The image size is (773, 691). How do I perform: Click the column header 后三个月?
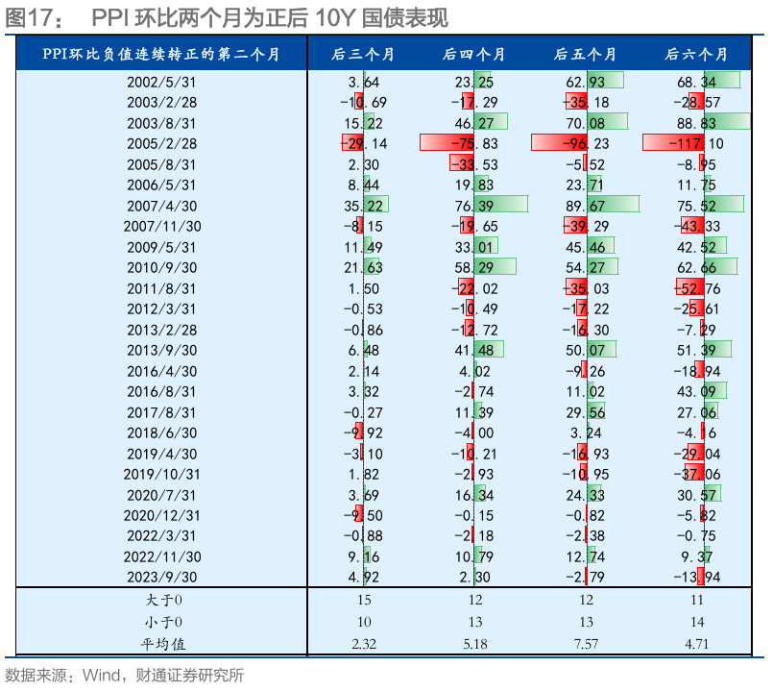pos(363,54)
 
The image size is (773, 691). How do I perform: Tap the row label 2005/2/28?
pos(161,142)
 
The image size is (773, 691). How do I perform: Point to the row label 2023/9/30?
pos(161,578)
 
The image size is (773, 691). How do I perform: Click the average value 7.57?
pos(585,643)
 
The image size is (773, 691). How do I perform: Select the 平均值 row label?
pos(161,643)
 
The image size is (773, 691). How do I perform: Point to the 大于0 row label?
pos(161,600)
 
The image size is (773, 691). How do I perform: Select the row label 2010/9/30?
pos(161,266)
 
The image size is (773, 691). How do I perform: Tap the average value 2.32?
pos(363,643)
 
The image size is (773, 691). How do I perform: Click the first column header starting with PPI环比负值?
pos(161,54)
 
